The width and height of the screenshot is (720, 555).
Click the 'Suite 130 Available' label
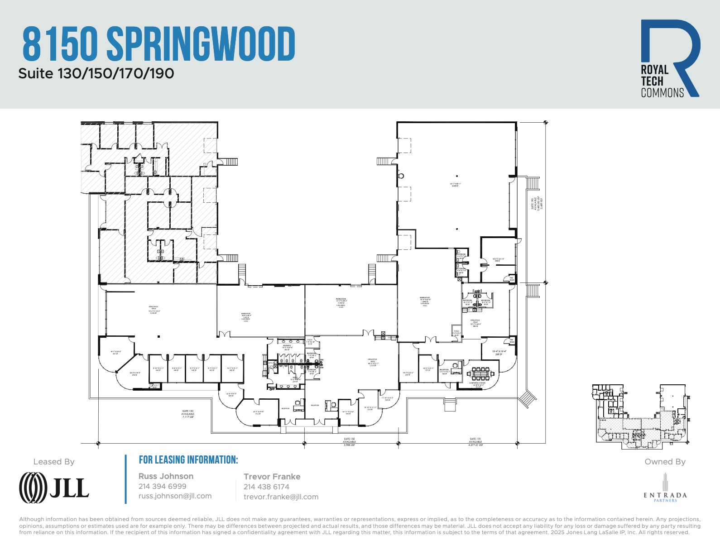(x=187, y=414)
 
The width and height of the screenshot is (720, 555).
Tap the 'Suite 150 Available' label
(x=349, y=442)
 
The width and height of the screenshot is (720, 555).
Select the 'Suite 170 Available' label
(x=475, y=442)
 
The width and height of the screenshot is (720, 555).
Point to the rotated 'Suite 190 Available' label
(x=537, y=203)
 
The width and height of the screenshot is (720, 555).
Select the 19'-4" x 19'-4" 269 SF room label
(x=499, y=353)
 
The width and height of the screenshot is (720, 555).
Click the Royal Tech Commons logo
(x=670, y=58)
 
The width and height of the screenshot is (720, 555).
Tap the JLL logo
(x=54, y=488)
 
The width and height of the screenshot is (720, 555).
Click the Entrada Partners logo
(x=665, y=488)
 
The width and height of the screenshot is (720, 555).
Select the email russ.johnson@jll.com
(x=175, y=496)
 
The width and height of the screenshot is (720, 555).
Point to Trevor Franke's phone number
(x=266, y=487)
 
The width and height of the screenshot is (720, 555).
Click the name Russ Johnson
(x=166, y=476)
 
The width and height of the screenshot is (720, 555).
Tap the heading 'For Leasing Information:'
(x=188, y=460)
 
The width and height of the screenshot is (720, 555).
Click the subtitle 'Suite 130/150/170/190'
(x=96, y=73)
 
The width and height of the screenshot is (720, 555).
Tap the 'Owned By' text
(x=665, y=462)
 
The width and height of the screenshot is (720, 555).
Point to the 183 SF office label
(x=232, y=369)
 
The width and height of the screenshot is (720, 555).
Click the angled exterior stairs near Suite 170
(x=528, y=399)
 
